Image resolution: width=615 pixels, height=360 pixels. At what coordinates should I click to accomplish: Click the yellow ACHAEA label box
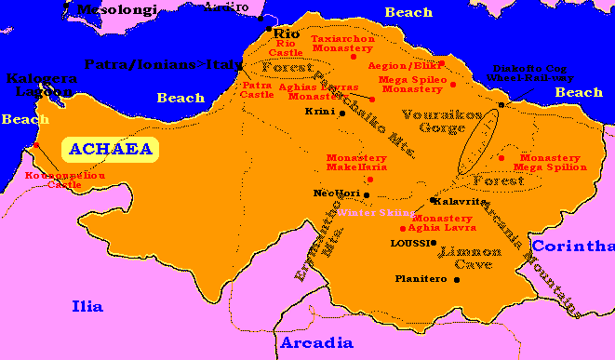(110, 149)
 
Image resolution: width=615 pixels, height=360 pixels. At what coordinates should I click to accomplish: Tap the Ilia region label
(87, 306)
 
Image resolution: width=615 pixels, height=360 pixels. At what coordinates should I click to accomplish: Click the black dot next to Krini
(342, 113)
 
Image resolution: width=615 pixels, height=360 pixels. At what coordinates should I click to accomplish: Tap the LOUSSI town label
(409, 243)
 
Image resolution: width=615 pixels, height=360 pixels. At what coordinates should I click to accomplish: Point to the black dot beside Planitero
(457, 279)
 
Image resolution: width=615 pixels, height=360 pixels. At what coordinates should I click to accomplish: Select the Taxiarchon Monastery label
(341, 44)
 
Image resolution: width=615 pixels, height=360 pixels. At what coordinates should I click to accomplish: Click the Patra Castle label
(256, 90)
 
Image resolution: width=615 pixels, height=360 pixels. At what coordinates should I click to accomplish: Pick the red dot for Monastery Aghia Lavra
(402, 228)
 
